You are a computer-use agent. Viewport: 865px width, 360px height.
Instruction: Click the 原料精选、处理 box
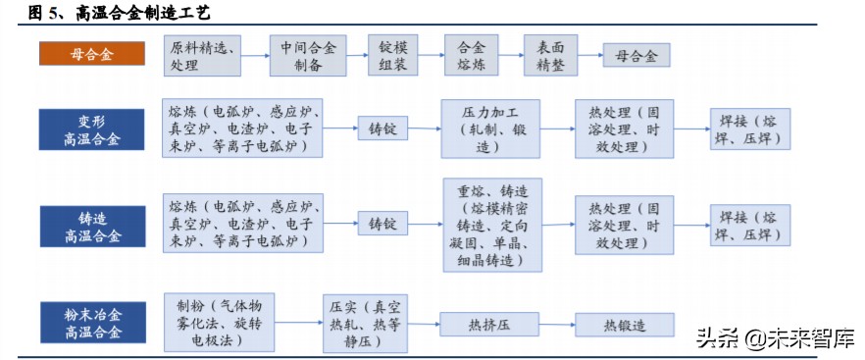tap(203, 56)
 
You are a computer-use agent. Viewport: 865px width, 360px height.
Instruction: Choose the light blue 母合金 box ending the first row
tap(636, 56)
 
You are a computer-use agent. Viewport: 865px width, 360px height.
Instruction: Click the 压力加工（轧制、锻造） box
tap(490, 129)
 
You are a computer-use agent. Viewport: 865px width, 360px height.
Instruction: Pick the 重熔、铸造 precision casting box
tap(490, 225)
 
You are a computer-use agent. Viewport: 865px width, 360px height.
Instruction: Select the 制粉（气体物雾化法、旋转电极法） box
tap(211, 320)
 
